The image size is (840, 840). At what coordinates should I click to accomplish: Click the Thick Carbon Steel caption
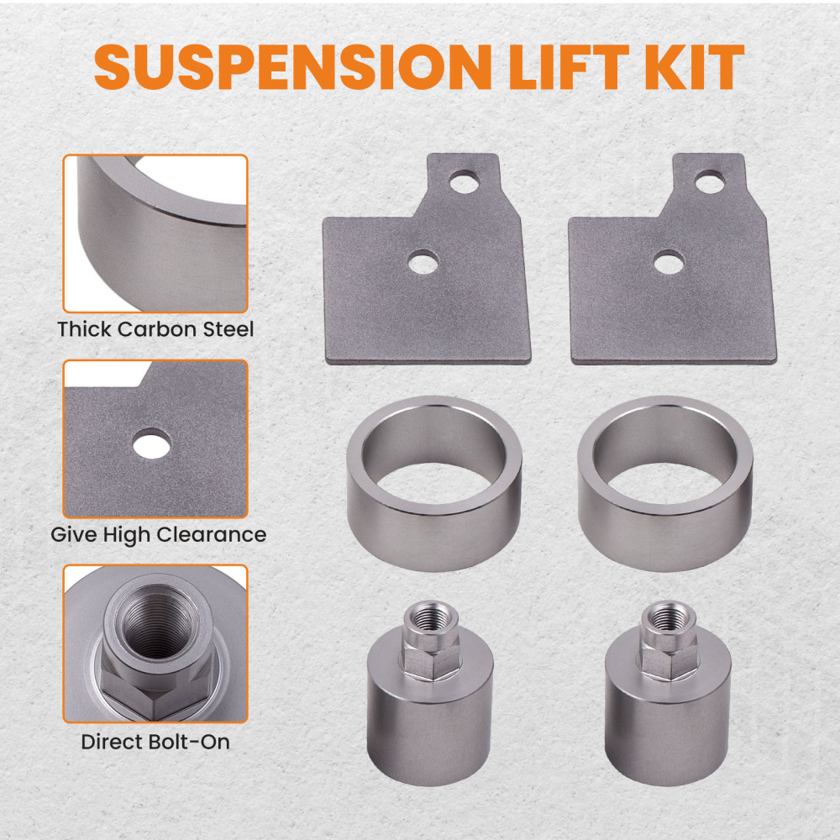(x=155, y=328)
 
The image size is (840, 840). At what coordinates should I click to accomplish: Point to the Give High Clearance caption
(x=158, y=534)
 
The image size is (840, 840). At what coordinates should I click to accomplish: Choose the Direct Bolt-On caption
(x=155, y=742)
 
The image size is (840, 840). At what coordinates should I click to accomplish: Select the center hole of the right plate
(x=668, y=262)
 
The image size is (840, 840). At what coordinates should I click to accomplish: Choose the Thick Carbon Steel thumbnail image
(x=155, y=233)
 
